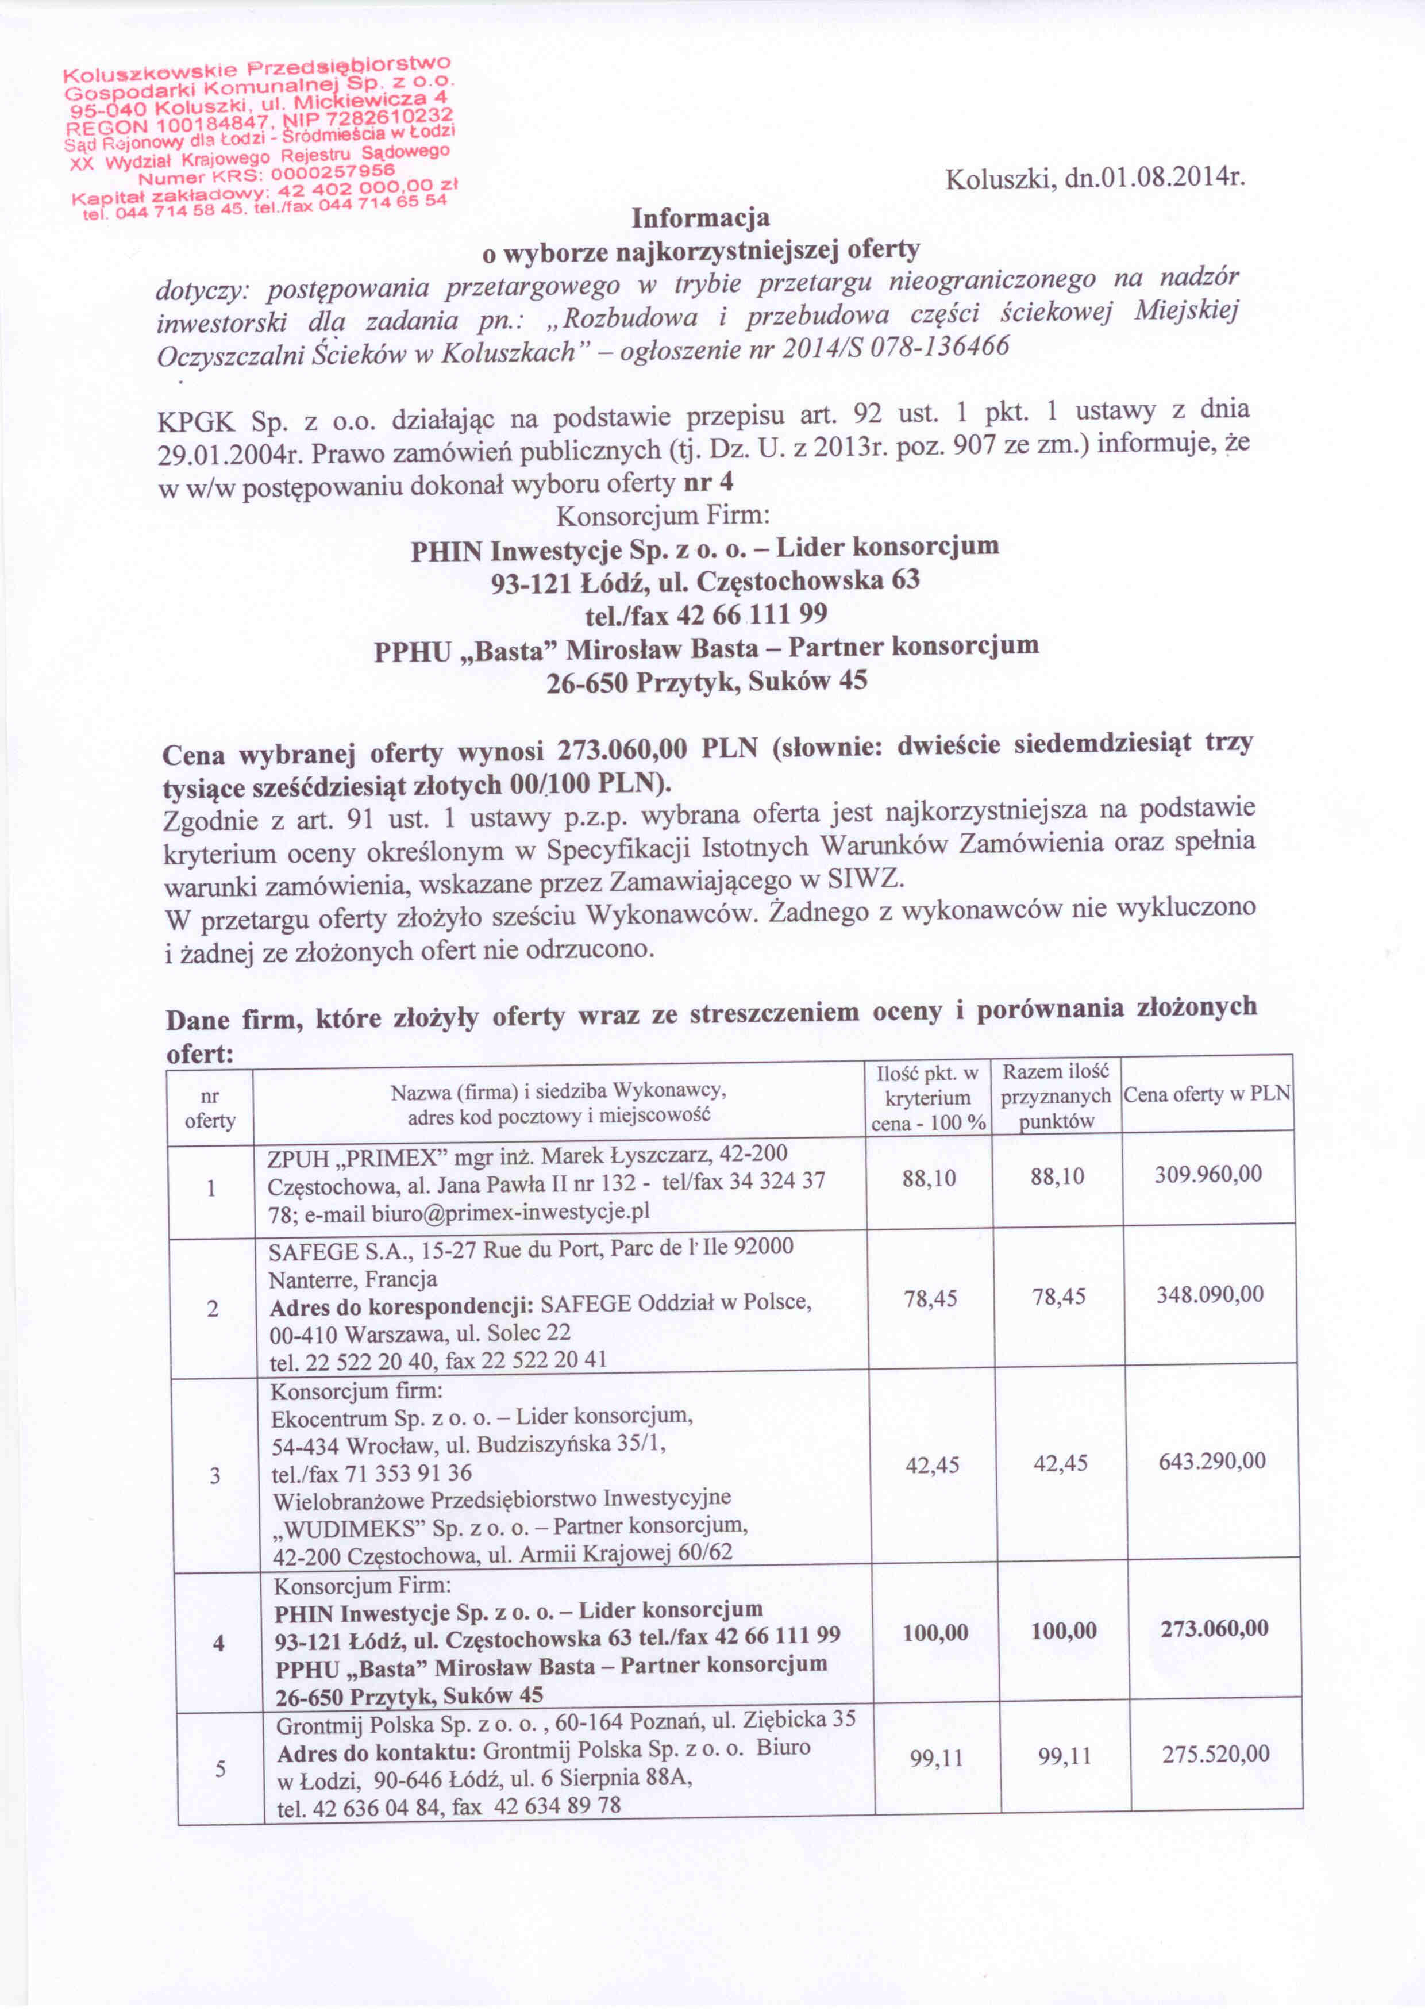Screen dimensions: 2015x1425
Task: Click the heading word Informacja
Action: click(x=701, y=216)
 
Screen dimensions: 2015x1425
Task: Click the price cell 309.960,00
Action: click(x=1208, y=1174)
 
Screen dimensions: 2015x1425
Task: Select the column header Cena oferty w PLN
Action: click(x=1207, y=1094)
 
